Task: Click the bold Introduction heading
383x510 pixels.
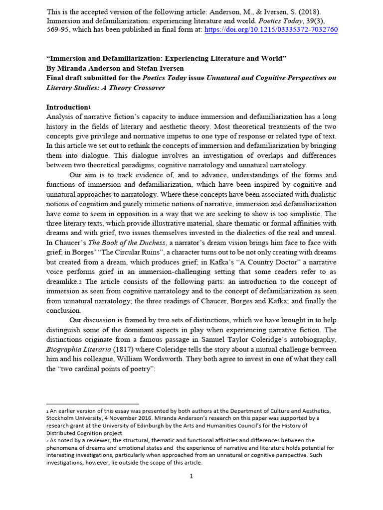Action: pyautogui.click(x=66, y=107)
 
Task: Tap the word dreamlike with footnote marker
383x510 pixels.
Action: pyautogui.click(x=63, y=281)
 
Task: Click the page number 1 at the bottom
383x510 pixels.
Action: pyautogui.click(x=191, y=476)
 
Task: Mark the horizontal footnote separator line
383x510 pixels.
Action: pyautogui.click(x=92, y=404)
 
